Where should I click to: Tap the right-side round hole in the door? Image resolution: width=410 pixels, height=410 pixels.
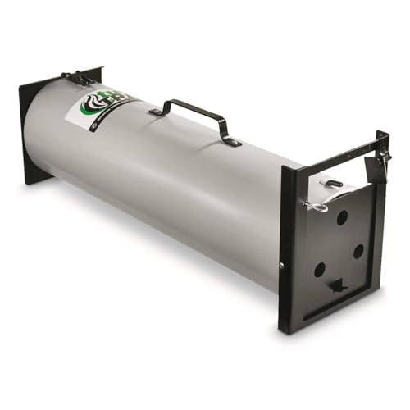[358, 252]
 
